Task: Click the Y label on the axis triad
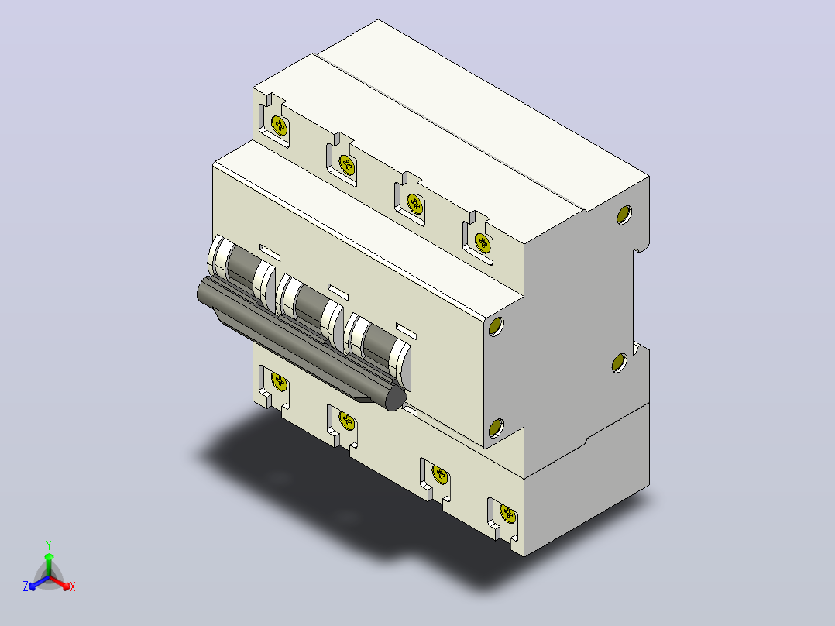tap(49, 545)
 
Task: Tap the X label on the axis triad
tap(73, 586)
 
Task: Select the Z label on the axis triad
tap(26, 586)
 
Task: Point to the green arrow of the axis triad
tap(49, 564)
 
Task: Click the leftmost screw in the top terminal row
tap(279, 126)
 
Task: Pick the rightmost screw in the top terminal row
tap(483, 243)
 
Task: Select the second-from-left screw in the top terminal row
tap(347, 165)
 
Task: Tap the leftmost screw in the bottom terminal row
tap(279, 381)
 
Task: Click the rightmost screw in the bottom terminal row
tap(508, 514)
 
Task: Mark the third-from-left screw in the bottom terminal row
tap(440, 473)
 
